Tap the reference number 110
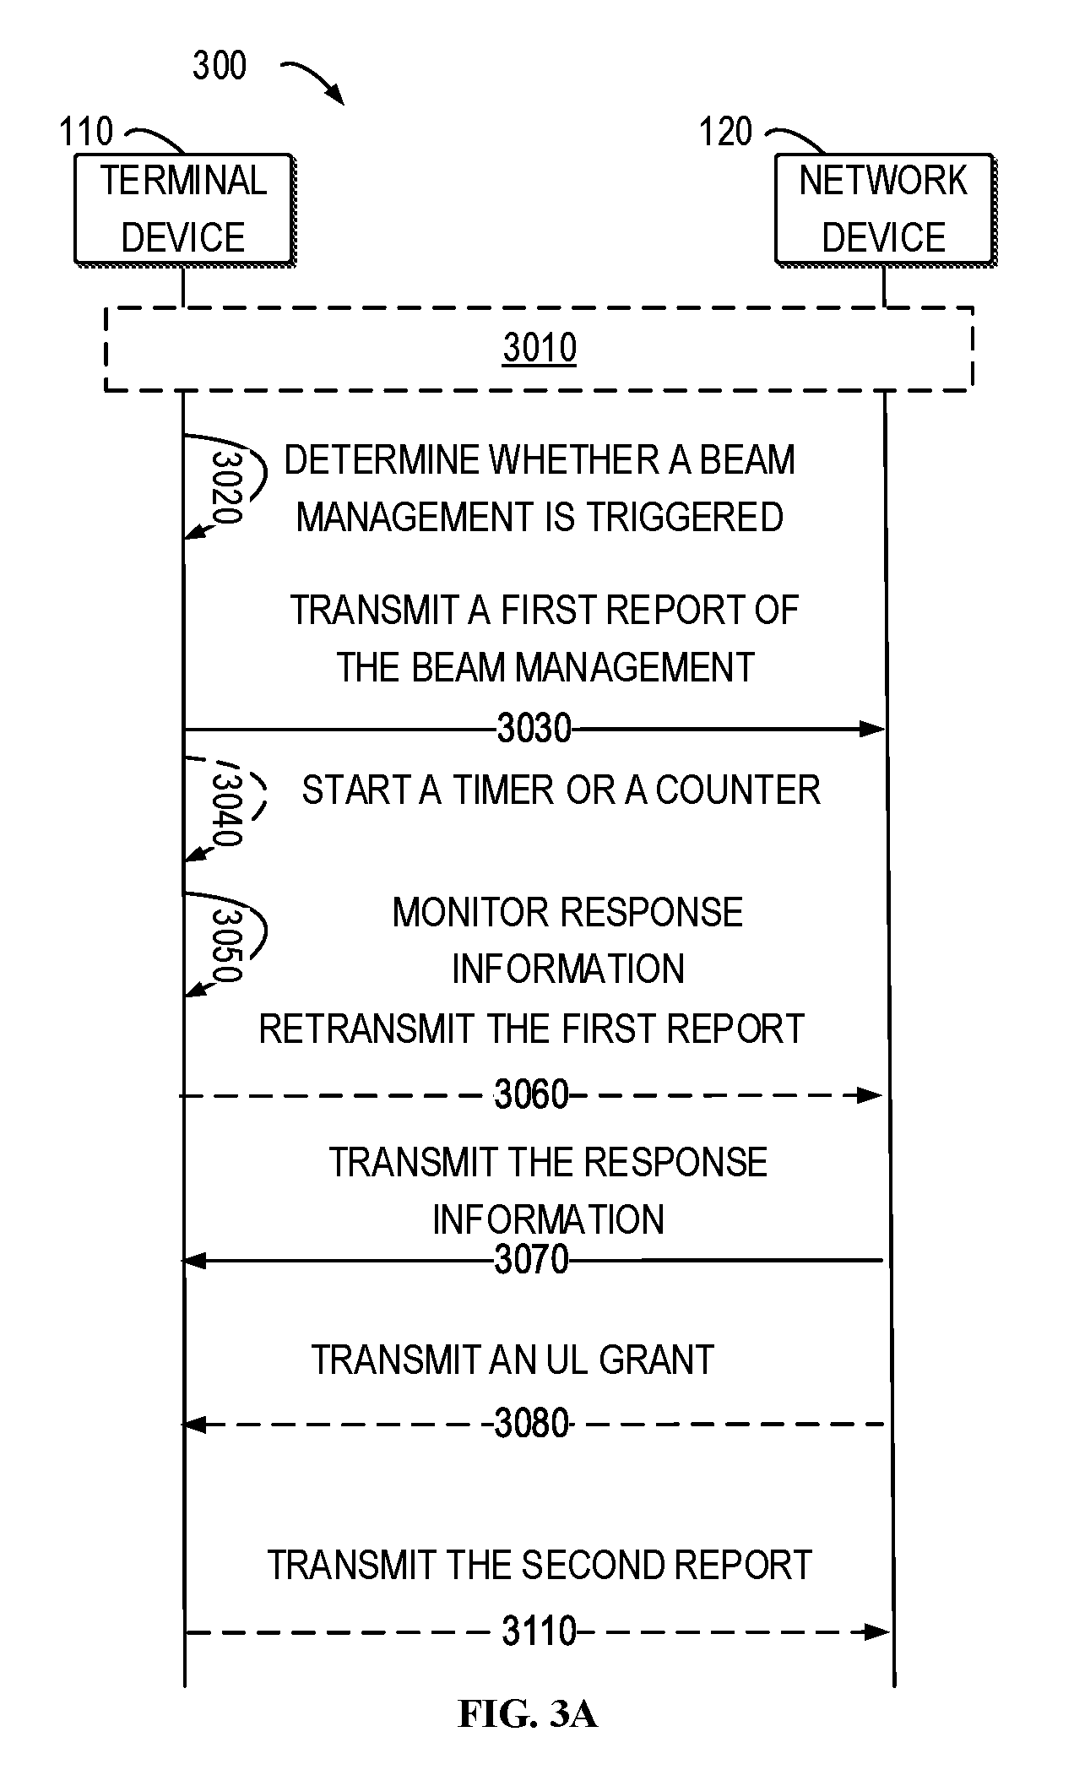85,132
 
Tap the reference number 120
725,132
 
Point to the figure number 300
220,66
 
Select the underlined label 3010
540,347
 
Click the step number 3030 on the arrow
534,728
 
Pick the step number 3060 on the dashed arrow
532,1095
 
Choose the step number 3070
532,1260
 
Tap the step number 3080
532,1424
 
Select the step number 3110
540,1631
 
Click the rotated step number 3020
226,487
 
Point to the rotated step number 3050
226,944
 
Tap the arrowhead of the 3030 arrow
872,729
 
